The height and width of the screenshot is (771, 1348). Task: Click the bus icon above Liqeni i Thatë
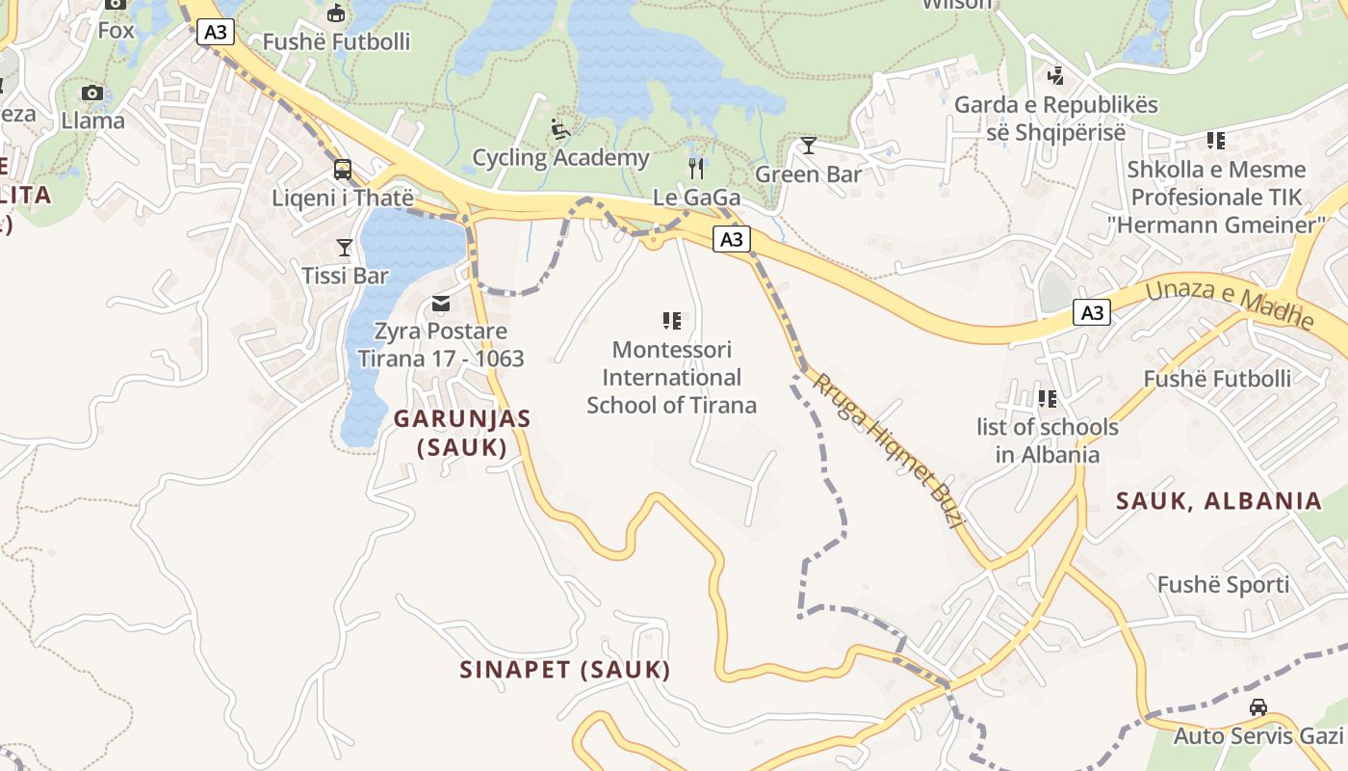(x=343, y=171)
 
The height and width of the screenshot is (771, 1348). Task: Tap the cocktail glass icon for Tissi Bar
(x=345, y=248)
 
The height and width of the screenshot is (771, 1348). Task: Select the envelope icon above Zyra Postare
(x=441, y=304)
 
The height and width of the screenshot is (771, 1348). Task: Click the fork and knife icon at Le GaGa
(x=696, y=169)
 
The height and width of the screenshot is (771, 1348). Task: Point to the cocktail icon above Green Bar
(x=808, y=146)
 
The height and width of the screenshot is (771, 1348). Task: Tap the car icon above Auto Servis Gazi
(x=1257, y=707)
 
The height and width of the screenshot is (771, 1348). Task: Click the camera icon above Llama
(x=92, y=93)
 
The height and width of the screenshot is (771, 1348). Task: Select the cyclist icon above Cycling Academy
(x=560, y=128)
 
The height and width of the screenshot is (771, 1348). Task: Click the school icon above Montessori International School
(x=672, y=321)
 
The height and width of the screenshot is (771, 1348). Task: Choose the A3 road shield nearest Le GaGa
(x=732, y=239)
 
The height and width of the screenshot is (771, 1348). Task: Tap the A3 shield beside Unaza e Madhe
(x=1092, y=312)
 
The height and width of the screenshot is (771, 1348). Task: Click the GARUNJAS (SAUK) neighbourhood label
(x=462, y=433)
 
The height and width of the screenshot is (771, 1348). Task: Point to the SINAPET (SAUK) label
(x=565, y=670)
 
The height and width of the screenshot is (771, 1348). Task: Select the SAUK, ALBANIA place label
(x=1219, y=500)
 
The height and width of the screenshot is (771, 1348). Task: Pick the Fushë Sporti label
(x=1223, y=585)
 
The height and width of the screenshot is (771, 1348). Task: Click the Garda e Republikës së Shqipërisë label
(x=1055, y=118)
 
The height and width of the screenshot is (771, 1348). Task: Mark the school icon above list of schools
(x=1048, y=398)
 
